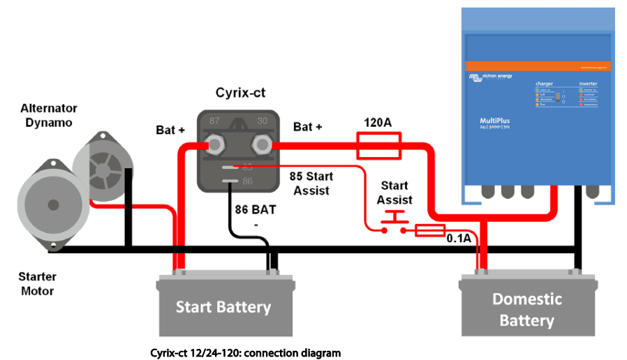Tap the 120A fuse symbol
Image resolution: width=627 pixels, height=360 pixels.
click(x=378, y=147)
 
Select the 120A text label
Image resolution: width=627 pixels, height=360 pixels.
click(x=378, y=123)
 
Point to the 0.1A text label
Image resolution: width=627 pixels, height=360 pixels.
click(x=459, y=239)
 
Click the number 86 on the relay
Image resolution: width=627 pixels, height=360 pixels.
click(x=248, y=182)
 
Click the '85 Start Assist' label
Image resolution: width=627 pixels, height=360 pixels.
click(x=310, y=183)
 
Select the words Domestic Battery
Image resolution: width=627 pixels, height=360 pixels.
click(x=526, y=310)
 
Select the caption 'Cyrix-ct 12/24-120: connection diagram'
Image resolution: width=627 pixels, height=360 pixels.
click(x=245, y=352)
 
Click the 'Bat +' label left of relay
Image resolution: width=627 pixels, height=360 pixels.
click(x=171, y=130)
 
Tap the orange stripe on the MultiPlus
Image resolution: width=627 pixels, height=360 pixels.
click(x=538, y=66)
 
